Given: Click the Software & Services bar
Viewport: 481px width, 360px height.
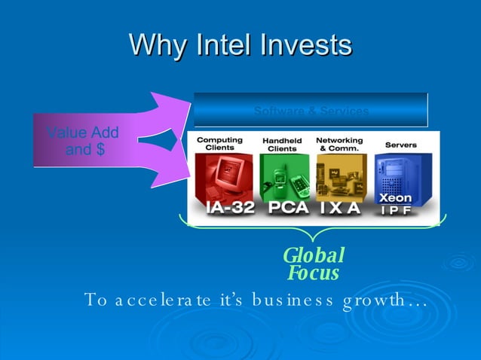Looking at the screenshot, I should (x=311, y=111).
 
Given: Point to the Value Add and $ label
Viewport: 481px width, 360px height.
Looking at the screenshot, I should (x=83, y=141).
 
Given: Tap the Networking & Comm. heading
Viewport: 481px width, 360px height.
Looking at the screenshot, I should (x=339, y=144).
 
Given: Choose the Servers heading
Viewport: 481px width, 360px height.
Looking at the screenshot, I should (x=401, y=144).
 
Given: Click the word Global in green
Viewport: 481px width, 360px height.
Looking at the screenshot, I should (x=314, y=256).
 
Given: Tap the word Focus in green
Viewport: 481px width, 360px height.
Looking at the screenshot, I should (x=313, y=273).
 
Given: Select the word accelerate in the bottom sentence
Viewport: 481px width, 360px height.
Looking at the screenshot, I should (x=157, y=301).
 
